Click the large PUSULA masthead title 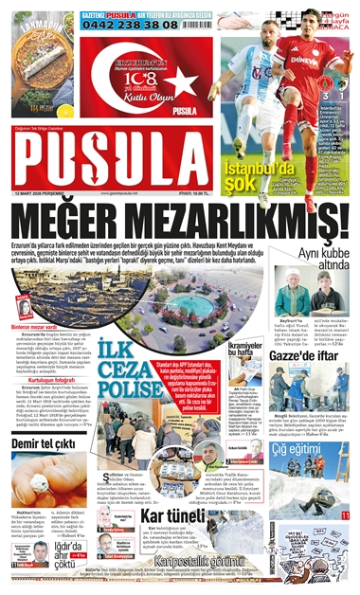coord(111,162)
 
